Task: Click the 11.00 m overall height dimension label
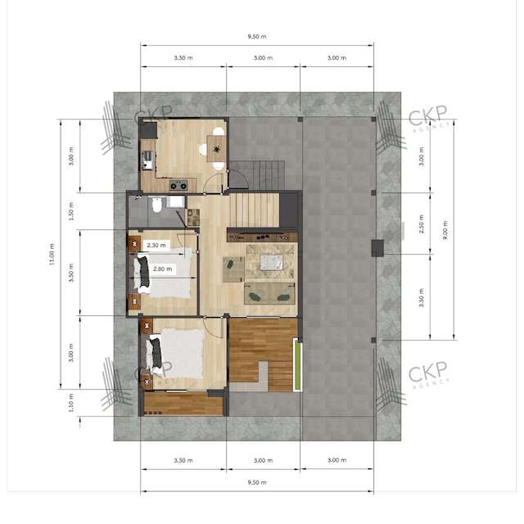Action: point(52,254)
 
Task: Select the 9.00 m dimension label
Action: point(445,229)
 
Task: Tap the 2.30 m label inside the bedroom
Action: point(156,245)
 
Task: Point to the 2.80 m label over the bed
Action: point(162,269)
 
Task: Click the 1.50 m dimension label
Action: point(71,211)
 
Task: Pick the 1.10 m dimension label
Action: point(71,402)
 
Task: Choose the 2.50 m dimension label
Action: point(422,224)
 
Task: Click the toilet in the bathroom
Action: point(156,206)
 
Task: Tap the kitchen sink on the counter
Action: point(147,160)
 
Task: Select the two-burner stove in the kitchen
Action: point(178,185)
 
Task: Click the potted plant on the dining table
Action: point(216,149)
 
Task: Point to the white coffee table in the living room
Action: point(272,262)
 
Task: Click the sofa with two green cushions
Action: point(269,294)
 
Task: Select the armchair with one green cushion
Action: point(233,269)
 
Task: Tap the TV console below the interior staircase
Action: point(262,237)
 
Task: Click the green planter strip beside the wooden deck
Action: point(297,364)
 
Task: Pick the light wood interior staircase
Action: point(255,210)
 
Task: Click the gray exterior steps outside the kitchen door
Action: point(256,174)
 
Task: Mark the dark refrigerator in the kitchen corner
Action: point(148,130)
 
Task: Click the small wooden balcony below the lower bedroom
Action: point(183,404)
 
